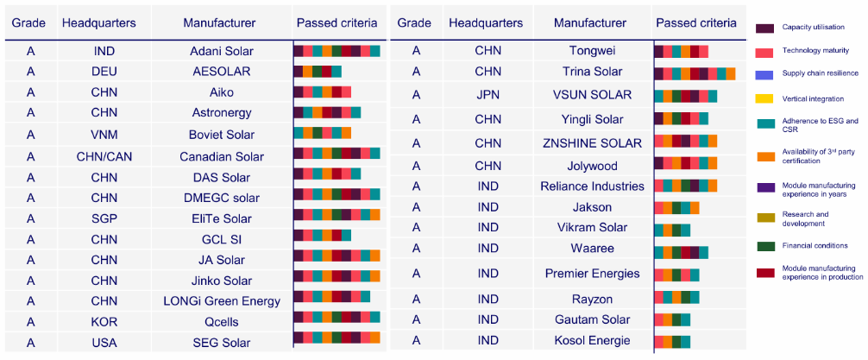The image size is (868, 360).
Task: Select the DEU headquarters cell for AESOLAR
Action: pos(104,72)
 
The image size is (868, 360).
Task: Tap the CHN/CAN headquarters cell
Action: pos(104,156)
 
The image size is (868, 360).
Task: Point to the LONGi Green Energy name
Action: pos(222,301)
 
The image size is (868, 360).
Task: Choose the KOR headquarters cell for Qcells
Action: pos(104,322)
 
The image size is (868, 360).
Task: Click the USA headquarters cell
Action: pos(104,343)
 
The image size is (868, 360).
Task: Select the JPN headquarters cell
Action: pos(487,95)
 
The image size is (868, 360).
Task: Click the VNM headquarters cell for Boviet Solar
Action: pos(104,134)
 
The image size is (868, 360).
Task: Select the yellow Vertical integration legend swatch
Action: pos(764,99)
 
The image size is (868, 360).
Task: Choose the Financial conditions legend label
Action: pos(815,247)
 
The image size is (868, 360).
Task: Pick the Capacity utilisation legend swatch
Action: pos(764,28)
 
